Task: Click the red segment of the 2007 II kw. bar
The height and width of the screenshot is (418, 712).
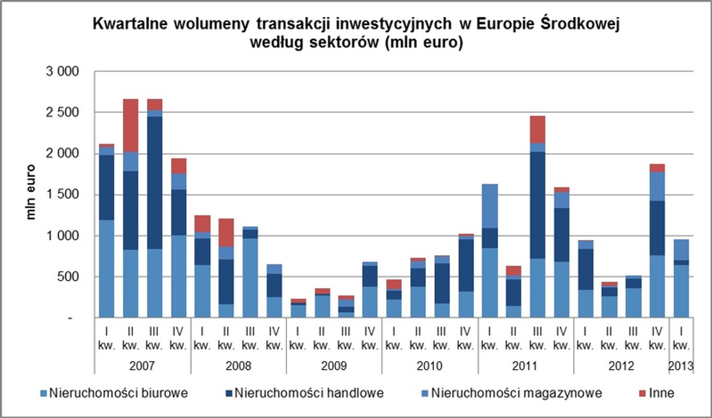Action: pyautogui.click(x=130, y=125)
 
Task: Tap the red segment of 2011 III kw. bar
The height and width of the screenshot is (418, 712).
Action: pyautogui.click(x=537, y=129)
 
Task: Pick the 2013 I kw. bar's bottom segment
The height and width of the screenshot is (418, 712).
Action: pyautogui.click(x=681, y=291)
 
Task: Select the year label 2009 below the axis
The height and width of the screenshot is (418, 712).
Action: pyautogui.click(x=334, y=366)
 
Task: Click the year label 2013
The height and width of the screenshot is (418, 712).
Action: pyautogui.click(x=681, y=366)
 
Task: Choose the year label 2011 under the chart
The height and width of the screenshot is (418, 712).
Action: pyautogui.click(x=525, y=366)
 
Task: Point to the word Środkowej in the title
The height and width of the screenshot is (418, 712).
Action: pyautogui.click(x=580, y=25)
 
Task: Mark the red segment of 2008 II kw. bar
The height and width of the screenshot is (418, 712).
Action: pyautogui.click(x=227, y=232)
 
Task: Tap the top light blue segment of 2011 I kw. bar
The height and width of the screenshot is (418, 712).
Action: pyautogui.click(x=490, y=206)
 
